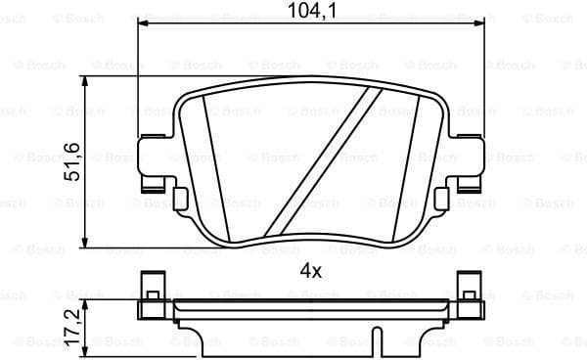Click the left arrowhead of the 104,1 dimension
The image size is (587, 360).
tap(143, 24)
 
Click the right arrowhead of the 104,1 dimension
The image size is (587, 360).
tap(483, 24)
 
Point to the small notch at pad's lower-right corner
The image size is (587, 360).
tap(444, 199)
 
